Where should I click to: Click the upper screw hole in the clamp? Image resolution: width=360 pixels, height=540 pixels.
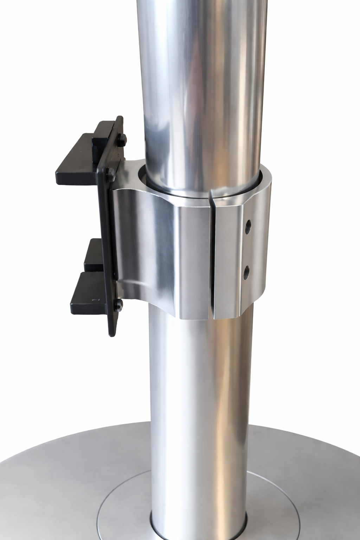pyautogui.click(x=249, y=224)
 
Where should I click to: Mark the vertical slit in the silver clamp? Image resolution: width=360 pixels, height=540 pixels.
pyautogui.click(x=212, y=253)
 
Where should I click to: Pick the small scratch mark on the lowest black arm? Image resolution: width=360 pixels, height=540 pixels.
pyautogui.click(x=94, y=300)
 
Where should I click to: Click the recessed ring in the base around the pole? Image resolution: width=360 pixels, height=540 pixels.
pyautogui.click(x=116, y=506)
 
